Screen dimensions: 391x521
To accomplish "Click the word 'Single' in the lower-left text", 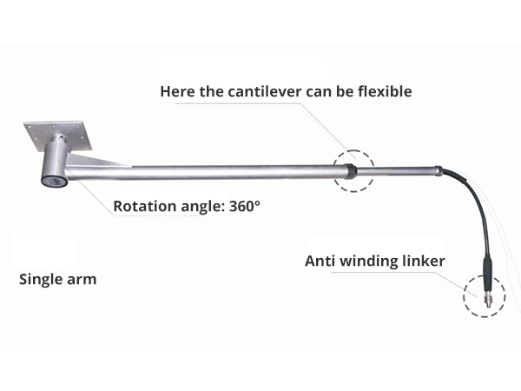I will pyautogui.click(x=40, y=280).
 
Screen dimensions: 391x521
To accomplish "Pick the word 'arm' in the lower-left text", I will pyautogui.click(x=83, y=281).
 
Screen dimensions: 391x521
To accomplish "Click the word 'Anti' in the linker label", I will pyautogui.click(x=320, y=261).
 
